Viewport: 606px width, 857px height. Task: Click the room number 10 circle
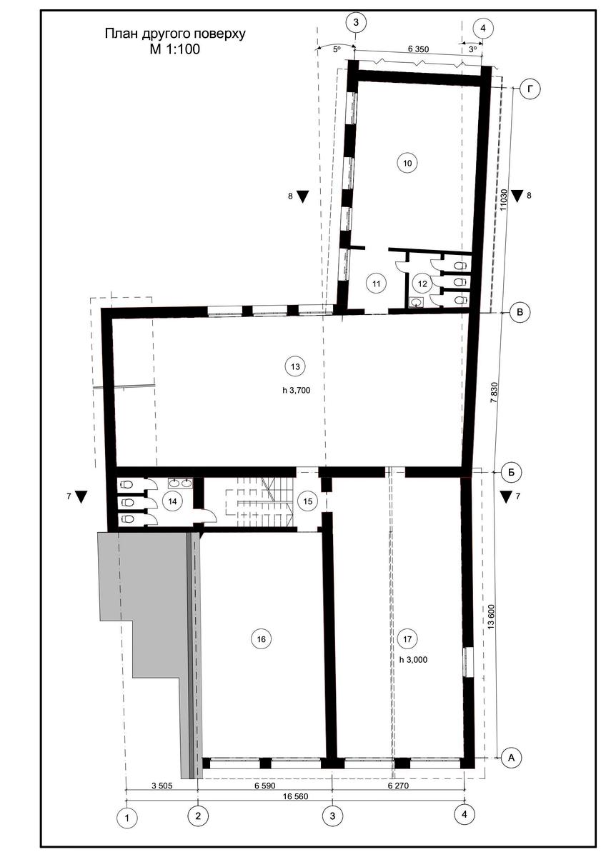click(407, 164)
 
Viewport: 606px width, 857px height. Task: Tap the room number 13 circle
click(295, 366)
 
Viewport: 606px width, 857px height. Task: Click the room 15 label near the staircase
click(308, 501)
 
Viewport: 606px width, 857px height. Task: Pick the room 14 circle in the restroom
click(173, 501)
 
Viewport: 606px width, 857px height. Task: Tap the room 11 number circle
click(377, 284)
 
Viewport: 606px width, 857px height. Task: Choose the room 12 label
click(422, 284)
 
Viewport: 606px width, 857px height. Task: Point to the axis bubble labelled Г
click(530, 89)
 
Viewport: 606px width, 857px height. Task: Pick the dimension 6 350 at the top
click(419, 49)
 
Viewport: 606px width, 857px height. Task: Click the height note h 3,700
click(297, 391)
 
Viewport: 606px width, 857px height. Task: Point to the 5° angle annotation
click(337, 49)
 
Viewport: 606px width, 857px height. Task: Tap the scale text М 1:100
click(175, 49)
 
